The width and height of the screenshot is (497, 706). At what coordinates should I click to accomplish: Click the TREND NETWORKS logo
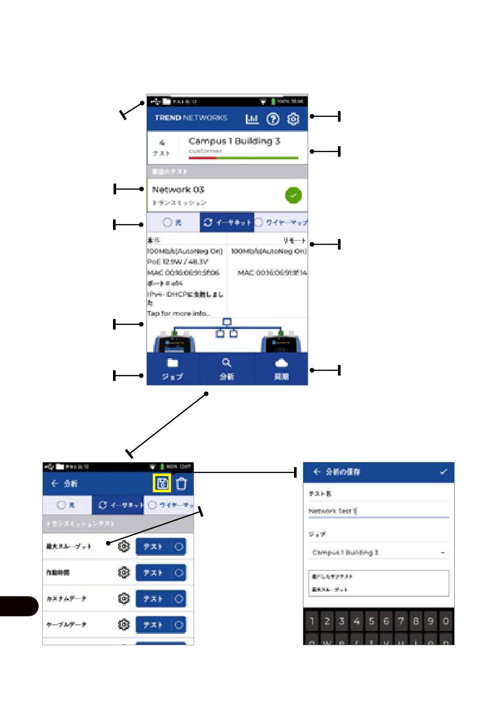(191, 118)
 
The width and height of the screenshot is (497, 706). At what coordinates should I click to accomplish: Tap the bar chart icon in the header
(252, 119)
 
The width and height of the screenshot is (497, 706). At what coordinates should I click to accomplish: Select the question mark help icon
(273, 119)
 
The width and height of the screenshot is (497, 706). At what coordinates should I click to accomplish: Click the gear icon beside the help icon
(293, 119)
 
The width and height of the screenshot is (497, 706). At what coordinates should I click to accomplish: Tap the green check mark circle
(293, 195)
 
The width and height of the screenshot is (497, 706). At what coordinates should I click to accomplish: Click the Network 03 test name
(178, 190)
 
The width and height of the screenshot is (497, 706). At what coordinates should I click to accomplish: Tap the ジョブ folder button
(173, 369)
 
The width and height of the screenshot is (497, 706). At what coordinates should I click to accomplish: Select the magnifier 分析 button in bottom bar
(227, 369)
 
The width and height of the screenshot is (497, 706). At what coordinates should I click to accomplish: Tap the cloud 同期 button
(281, 369)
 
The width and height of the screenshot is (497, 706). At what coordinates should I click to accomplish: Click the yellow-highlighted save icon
(162, 483)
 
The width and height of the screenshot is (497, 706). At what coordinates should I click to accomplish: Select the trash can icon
(182, 483)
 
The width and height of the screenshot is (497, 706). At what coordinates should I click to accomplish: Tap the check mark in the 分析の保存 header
(444, 472)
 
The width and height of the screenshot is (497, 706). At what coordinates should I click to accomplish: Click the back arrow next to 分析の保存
(317, 472)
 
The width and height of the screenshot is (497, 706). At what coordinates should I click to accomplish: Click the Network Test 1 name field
(378, 511)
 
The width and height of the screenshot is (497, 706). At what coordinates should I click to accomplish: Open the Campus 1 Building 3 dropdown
(378, 553)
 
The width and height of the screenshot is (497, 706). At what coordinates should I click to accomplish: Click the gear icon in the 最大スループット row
(123, 546)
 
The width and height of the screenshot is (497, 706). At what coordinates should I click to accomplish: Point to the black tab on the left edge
(19, 606)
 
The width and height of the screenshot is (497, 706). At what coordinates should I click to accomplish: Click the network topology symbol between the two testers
(227, 328)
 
